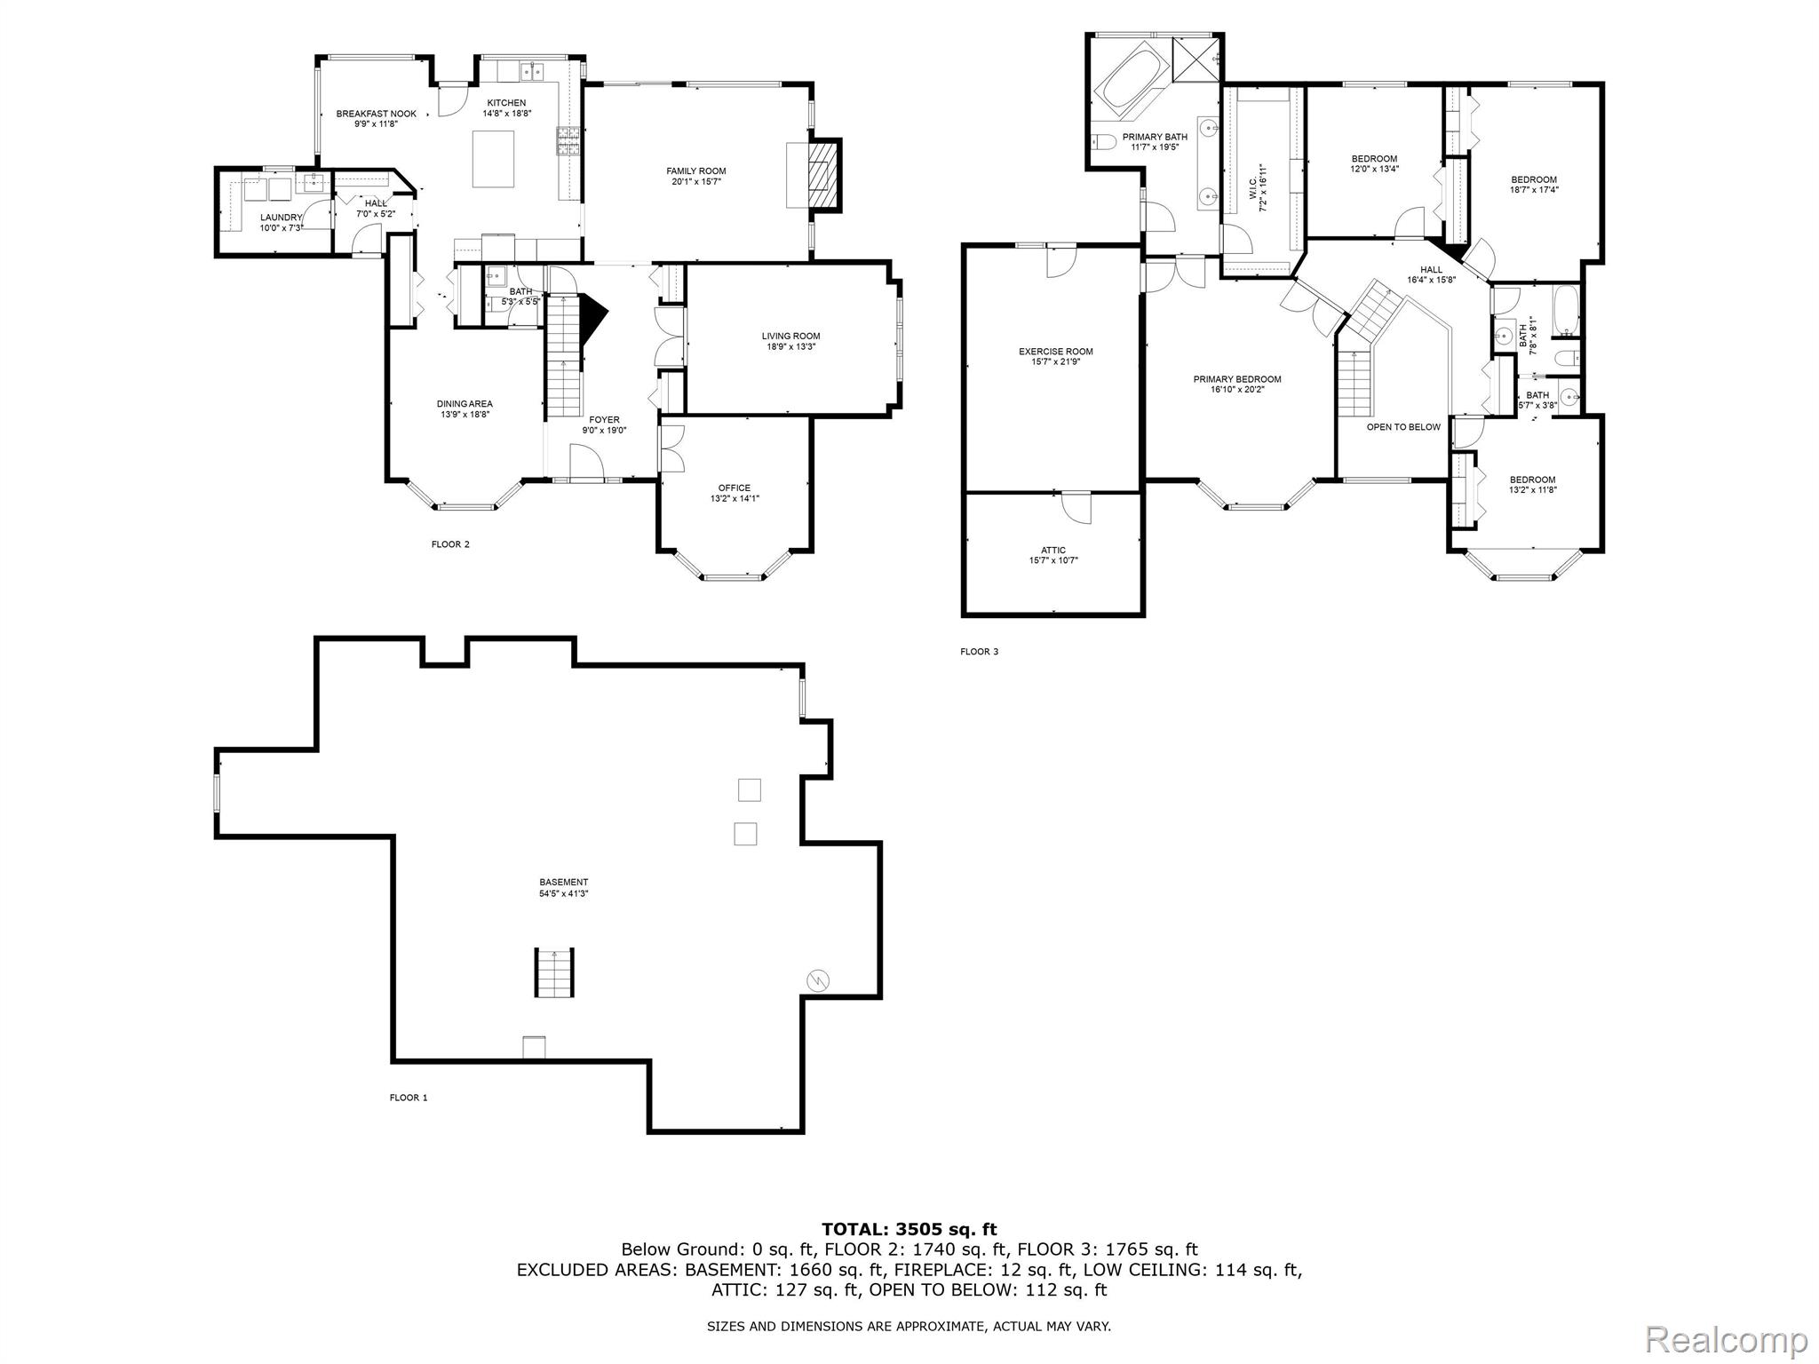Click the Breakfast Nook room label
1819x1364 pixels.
click(x=376, y=114)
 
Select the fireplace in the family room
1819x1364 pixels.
click(x=822, y=175)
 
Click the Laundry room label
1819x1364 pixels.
click(x=281, y=218)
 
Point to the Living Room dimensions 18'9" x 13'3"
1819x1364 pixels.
click(x=790, y=347)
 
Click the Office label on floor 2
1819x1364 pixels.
click(x=734, y=488)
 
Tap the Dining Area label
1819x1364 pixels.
click(x=465, y=404)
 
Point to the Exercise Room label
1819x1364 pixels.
click(x=1055, y=352)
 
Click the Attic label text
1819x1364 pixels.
click(x=1053, y=550)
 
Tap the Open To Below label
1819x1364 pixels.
click(x=1403, y=427)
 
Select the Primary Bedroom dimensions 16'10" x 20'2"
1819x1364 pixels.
click(x=1236, y=390)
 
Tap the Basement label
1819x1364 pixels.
click(x=563, y=882)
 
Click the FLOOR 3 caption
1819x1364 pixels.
click(x=979, y=652)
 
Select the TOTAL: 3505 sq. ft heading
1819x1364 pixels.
click(x=909, y=1229)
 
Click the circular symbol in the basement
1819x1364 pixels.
click(x=817, y=980)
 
